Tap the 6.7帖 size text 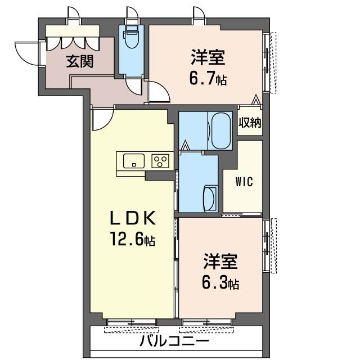208,78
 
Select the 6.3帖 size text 220,283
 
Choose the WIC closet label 244,182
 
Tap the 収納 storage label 250,123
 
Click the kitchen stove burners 160,161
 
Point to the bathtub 220,130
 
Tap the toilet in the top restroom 132,38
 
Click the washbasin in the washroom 210,197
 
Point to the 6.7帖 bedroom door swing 159,92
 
